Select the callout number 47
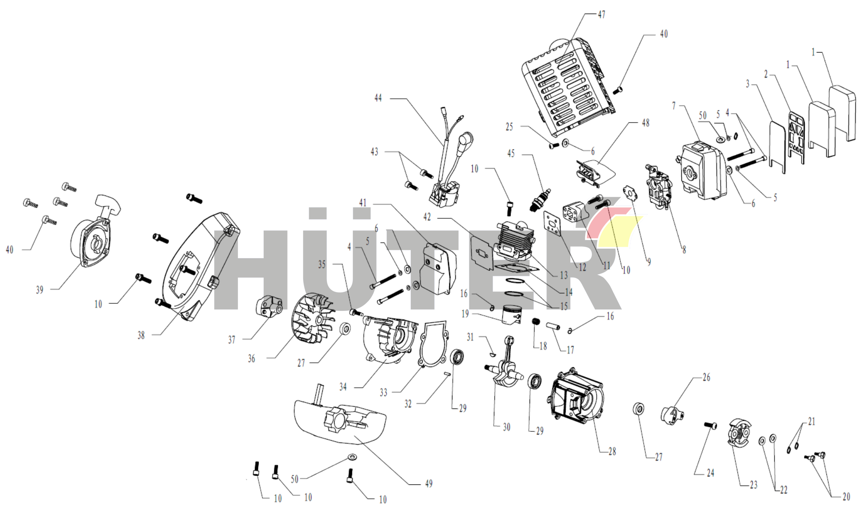coord(602,14)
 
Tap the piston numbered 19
coord(512,315)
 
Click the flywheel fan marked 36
coord(312,318)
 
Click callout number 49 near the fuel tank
coord(429,484)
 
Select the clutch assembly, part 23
coord(738,433)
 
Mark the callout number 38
coord(141,335)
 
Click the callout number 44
coord(378,98)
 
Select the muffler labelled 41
coord(438,269)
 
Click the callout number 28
coord(612,451)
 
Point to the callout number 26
coord(706,377)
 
